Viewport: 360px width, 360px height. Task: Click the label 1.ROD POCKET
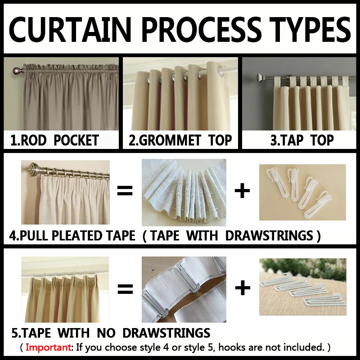[54, 140]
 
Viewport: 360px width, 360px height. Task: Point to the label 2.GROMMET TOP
[180, 140]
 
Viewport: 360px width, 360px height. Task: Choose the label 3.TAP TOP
[302, 140]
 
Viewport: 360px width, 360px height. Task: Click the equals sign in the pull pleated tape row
[125, 191]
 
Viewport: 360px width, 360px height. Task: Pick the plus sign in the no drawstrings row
[243, 288]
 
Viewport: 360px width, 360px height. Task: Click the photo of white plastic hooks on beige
[302, 192]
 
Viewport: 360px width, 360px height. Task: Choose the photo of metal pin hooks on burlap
[302, 286]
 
